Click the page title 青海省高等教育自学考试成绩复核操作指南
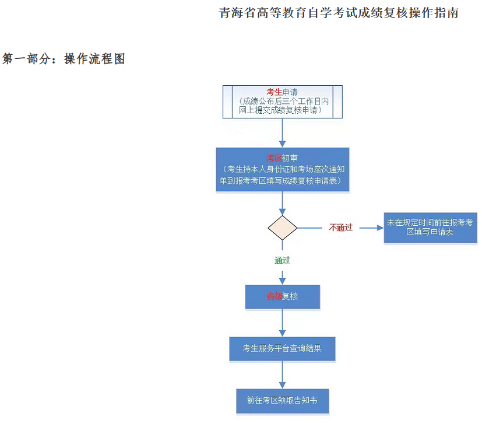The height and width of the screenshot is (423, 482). (x=339, y=13)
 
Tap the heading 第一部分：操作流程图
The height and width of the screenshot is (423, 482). (x=64, y=59)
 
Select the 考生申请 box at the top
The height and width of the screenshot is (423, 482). (x=283, y=102)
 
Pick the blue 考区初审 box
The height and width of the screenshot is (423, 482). (x=283, y=169)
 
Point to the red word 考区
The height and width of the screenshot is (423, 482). (x=275, y=158)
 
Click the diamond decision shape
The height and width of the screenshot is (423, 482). (x=283, y=228)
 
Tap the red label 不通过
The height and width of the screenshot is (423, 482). (x=341, y=228)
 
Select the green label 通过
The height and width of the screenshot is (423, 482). (x=283, y=260)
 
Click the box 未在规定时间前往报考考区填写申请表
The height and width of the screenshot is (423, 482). (x=430, y=228)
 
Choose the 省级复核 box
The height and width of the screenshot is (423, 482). (x=283, y=296)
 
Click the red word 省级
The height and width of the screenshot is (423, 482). (x=275, y=296)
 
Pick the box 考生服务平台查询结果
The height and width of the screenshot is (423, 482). (x=283, y=349)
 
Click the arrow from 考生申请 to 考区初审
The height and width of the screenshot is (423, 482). (x=283, y=133)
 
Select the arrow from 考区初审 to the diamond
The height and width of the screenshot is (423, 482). (x=283, y=203)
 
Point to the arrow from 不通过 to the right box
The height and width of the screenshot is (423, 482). (x=370, y=228)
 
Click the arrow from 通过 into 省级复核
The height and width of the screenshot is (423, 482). (x=283, y=276)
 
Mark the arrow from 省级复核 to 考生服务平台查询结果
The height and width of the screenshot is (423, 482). (x=283, y=323)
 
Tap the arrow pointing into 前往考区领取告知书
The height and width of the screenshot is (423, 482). (x=283, y=375)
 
